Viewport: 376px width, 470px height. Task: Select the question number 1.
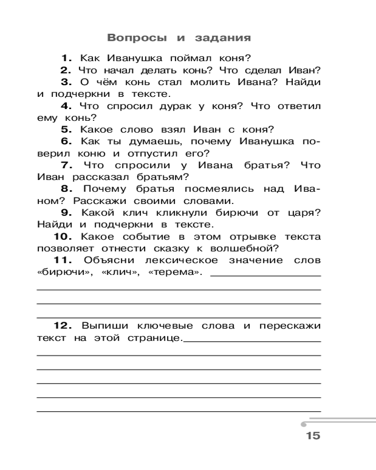(66, 59)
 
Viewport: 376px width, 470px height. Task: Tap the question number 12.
(61, 325)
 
